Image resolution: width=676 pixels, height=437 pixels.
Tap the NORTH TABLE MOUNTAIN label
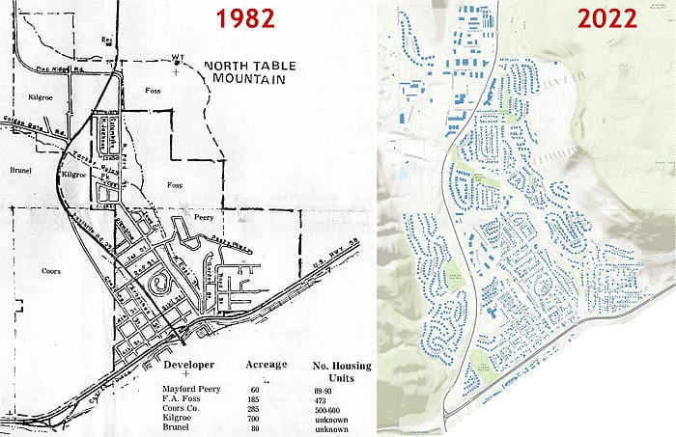pos(245,72)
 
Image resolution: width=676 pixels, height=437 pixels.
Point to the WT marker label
pos(177,56)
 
